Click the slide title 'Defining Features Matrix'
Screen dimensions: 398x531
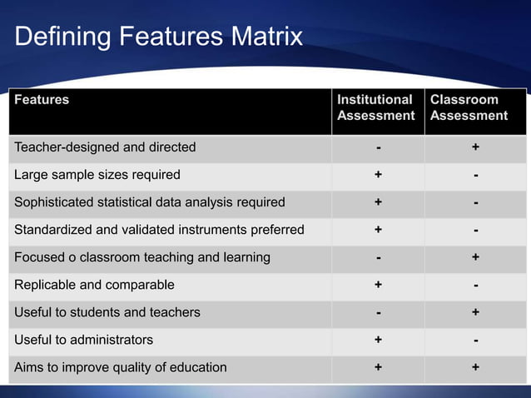coord(158,37)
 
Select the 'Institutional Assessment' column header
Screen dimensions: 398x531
coord(375,107)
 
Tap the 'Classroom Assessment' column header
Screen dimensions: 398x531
coord(469,107)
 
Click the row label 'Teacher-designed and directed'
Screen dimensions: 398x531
coord(105,147)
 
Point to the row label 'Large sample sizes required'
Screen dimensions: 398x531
coord(97,175)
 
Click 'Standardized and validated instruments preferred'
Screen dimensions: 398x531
coord(159,230)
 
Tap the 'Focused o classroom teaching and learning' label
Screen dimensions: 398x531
coord(142,257)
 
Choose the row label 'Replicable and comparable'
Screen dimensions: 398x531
coord(95,285)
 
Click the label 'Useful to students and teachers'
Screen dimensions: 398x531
coord(107,312)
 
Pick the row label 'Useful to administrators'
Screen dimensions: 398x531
coord(84,340)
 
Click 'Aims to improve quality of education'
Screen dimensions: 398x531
coord(121,367)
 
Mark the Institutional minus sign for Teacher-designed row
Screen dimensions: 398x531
coord(378,148)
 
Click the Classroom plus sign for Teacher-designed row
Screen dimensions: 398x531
coord(475,147)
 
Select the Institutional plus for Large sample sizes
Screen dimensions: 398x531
coord(378,175)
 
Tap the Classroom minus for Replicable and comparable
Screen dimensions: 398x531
coord(475,286)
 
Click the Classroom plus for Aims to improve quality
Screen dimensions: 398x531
coord(475,367)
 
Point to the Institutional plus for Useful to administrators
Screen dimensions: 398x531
coord(378,340)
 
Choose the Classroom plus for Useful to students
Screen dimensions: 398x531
coord(475,312)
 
